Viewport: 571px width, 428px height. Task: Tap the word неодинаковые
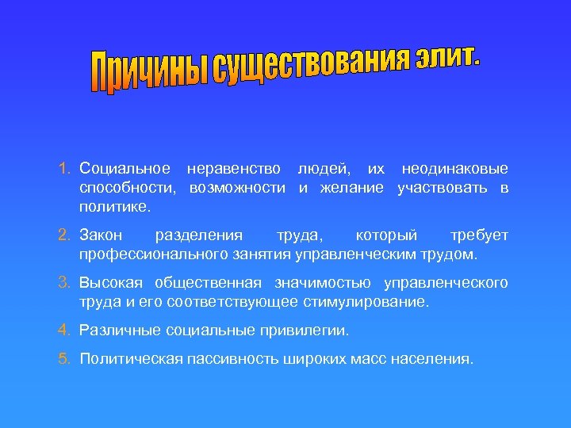(x=455, y=169)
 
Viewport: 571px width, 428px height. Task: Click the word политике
(x=114, y=207)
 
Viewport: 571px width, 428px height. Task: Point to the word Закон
(x=101, y=235)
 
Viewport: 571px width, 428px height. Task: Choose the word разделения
(x=200, y=235)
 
